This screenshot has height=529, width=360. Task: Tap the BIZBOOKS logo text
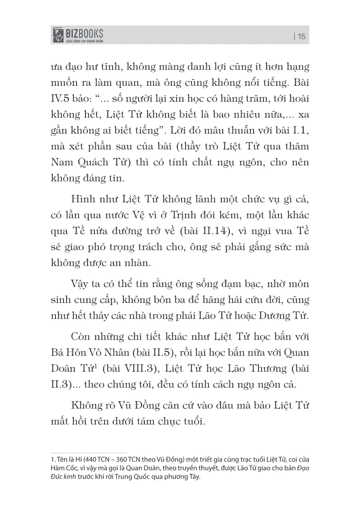(84, 32)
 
